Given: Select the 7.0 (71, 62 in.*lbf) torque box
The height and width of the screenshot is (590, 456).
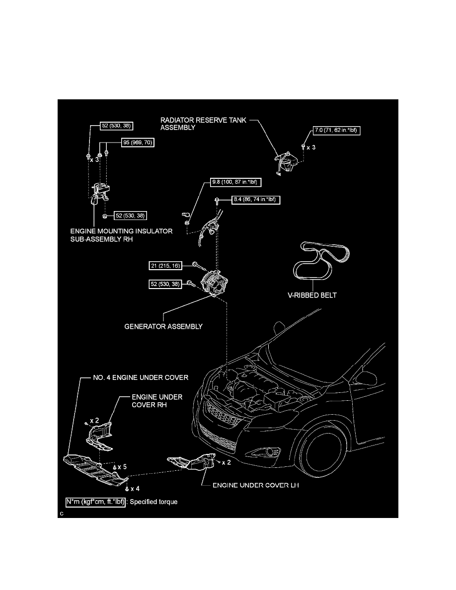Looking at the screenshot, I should (x=336, y=131).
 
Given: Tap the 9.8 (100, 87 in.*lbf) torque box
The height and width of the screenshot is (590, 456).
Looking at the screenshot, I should (x=232, y=182).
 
